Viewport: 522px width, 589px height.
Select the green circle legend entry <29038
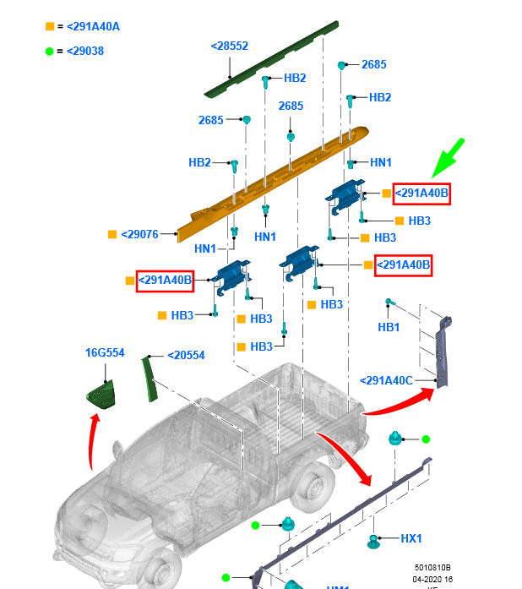pos(84,51)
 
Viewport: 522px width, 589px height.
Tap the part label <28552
pos(229,46)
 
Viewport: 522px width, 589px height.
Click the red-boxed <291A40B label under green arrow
pos(421,194)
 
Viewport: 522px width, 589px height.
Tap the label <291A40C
pos(386,380)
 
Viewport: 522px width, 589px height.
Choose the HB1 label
pos(389,327)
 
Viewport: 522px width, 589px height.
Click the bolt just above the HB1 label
pos(390,303)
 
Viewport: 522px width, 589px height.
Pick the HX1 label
pos(411,538)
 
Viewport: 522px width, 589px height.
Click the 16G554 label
pos(104,352)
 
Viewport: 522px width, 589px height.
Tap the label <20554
pos(186,356)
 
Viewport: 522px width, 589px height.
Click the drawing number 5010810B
pos(432,568)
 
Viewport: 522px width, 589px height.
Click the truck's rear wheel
pos(312,489)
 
